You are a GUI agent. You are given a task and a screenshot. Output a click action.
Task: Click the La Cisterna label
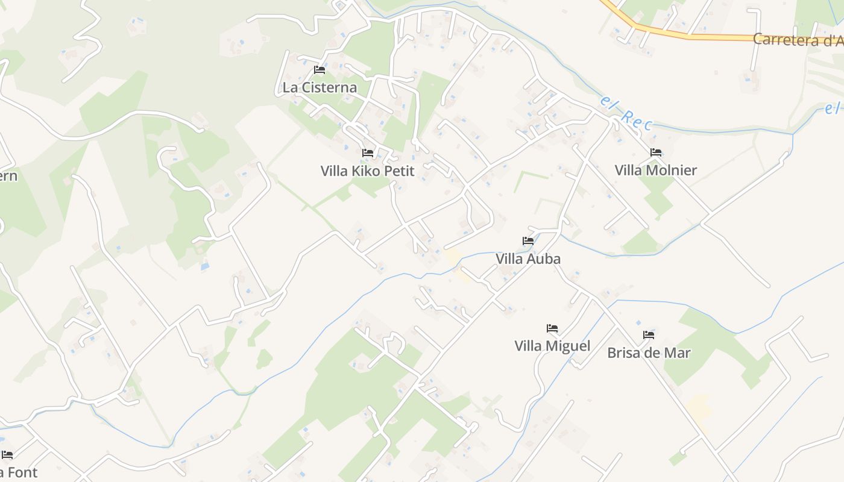(x=320, y=88)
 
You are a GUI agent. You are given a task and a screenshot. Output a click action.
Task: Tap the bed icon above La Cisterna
(x=320, y=70)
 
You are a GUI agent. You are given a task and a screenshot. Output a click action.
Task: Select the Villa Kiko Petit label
(x=367, y=171)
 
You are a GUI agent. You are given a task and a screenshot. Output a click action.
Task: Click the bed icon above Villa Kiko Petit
(x=368, y=153)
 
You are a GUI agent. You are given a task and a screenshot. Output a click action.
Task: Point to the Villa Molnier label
(x=655, y=171)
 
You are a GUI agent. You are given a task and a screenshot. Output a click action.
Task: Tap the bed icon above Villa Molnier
(x=656, y=152)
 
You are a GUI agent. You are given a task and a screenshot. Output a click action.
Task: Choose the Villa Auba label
(x=528, y=259)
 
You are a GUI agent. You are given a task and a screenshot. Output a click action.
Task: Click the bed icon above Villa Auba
(x=528, y=241)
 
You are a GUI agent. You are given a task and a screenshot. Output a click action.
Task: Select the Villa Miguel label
(x=552, y=346)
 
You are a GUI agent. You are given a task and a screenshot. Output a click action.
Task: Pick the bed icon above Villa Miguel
(x=552, y=328)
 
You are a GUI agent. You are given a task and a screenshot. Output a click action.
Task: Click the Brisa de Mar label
(x=649, y=353)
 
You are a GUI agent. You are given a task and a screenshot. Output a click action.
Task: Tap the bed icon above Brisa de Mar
(x=649, y=335)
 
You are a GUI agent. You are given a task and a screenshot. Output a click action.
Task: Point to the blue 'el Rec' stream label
(x=626, y=113)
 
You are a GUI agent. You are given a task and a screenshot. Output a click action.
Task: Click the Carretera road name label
(x=798, y=40)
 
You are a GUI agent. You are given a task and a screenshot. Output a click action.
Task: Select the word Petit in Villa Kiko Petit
(x=398, y=171)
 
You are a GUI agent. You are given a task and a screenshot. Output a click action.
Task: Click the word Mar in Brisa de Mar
(x=677, y=353)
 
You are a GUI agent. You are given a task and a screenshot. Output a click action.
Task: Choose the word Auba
(x=544, y=259)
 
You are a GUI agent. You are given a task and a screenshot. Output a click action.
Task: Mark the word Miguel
(x=570, y=346)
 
